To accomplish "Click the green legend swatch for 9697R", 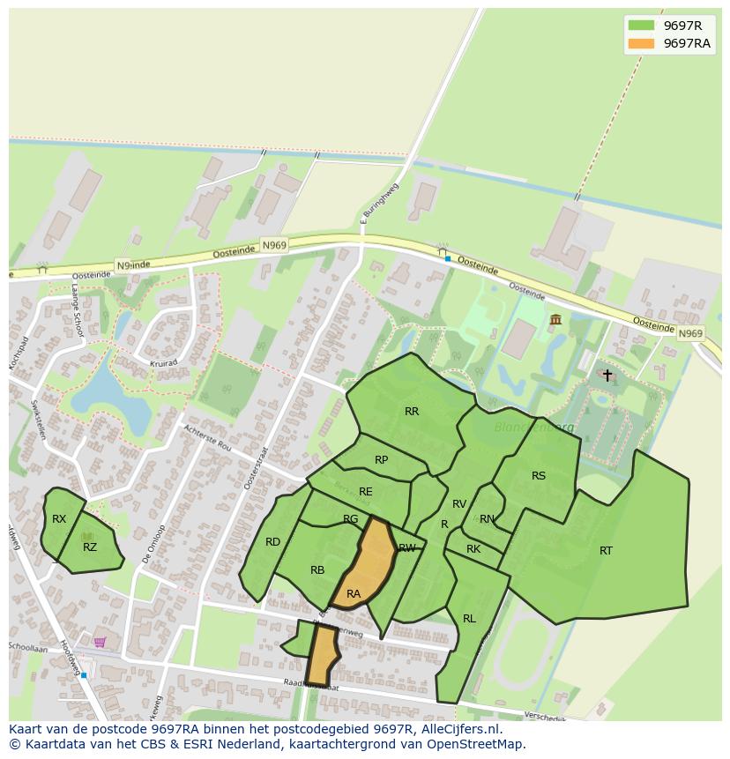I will click(641, 26).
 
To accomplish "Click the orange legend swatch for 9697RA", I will click(641, 43).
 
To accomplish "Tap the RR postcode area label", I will click(412, 412).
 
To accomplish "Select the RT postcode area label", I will click(606, 551).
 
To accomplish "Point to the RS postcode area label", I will click(539, 476).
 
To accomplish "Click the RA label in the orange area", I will click(354, 594).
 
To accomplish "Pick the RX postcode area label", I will click(59, 519).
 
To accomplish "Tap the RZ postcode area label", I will click(90, 547).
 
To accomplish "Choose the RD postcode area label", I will click(273, 542).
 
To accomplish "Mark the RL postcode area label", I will click(469, 619).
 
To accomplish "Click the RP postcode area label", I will click(381, 460).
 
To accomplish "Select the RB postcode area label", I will click(317, 570).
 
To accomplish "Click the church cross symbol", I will click(607, 375).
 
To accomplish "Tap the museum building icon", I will click(555, 319).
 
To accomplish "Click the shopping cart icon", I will click(100, 642).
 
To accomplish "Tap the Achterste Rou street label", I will click(207, 436).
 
